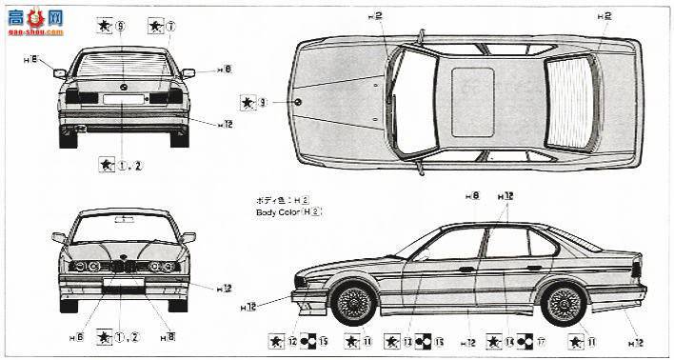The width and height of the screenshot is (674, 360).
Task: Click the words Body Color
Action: point(278,211)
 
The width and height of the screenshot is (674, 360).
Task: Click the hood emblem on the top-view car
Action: point(298,101)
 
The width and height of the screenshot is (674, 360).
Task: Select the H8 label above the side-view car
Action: point(472,196)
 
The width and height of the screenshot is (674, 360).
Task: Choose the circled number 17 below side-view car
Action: point(540,341)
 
